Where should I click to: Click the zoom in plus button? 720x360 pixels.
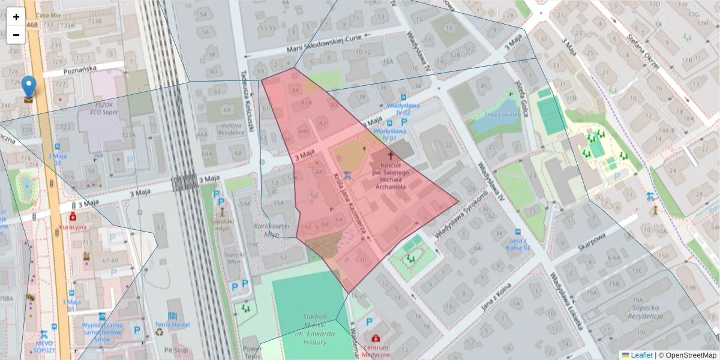tap(16, 17)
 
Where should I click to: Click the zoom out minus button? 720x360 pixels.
tap(16, 35)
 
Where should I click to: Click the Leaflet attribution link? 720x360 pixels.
tap(637, 355)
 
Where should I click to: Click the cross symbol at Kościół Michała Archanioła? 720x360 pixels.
tap(391, 155)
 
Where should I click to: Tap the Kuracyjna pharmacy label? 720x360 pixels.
tap(73, 227)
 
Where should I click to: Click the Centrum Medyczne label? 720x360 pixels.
tap(376, 350)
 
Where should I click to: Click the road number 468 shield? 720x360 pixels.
tap(32, 24)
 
